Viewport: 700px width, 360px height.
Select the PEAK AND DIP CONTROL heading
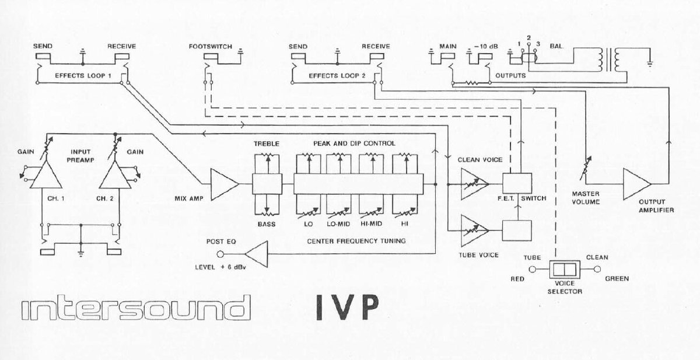(354, 144)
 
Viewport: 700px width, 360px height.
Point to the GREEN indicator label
(617, 278)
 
